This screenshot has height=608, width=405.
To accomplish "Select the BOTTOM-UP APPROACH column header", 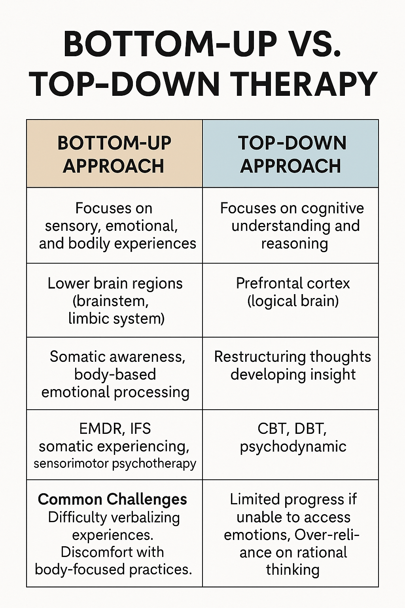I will (x=114, y=154).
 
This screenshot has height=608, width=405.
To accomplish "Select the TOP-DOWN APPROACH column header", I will (x=291, y=154).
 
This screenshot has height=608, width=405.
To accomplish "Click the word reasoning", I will (x=294, y=243).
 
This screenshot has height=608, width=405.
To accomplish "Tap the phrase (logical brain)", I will (x=293, y=301).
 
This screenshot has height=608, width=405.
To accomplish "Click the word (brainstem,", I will (x=110, y=301).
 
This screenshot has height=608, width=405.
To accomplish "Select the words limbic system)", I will (x=116, y=319).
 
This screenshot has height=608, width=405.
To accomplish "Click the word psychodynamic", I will (x=293, y=446).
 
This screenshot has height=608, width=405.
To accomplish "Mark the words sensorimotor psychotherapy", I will (x=115, y=464).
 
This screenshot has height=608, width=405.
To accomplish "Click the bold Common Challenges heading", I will (x=112, y=500).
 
